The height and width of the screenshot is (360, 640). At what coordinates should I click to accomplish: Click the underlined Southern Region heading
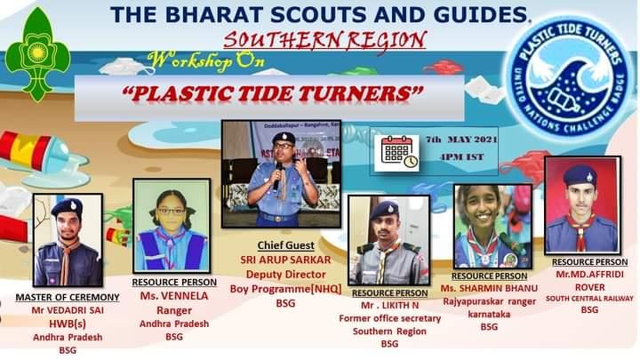click(324, 40)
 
